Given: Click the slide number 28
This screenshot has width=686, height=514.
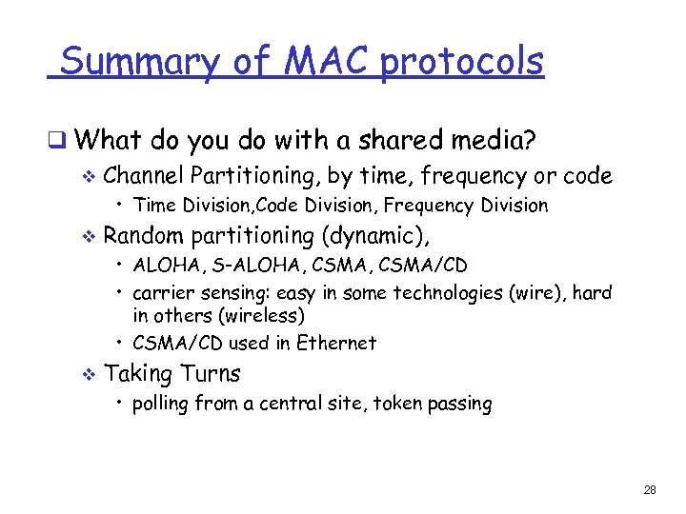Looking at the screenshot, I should click(650, 490).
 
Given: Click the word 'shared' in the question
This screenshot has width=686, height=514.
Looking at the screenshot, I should click(389, 142).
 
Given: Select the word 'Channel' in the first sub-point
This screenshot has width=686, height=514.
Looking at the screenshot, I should click(144, 175).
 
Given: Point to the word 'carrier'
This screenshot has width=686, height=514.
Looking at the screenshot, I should click(164, 293).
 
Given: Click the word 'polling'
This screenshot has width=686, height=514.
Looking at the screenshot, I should click(161, 404).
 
